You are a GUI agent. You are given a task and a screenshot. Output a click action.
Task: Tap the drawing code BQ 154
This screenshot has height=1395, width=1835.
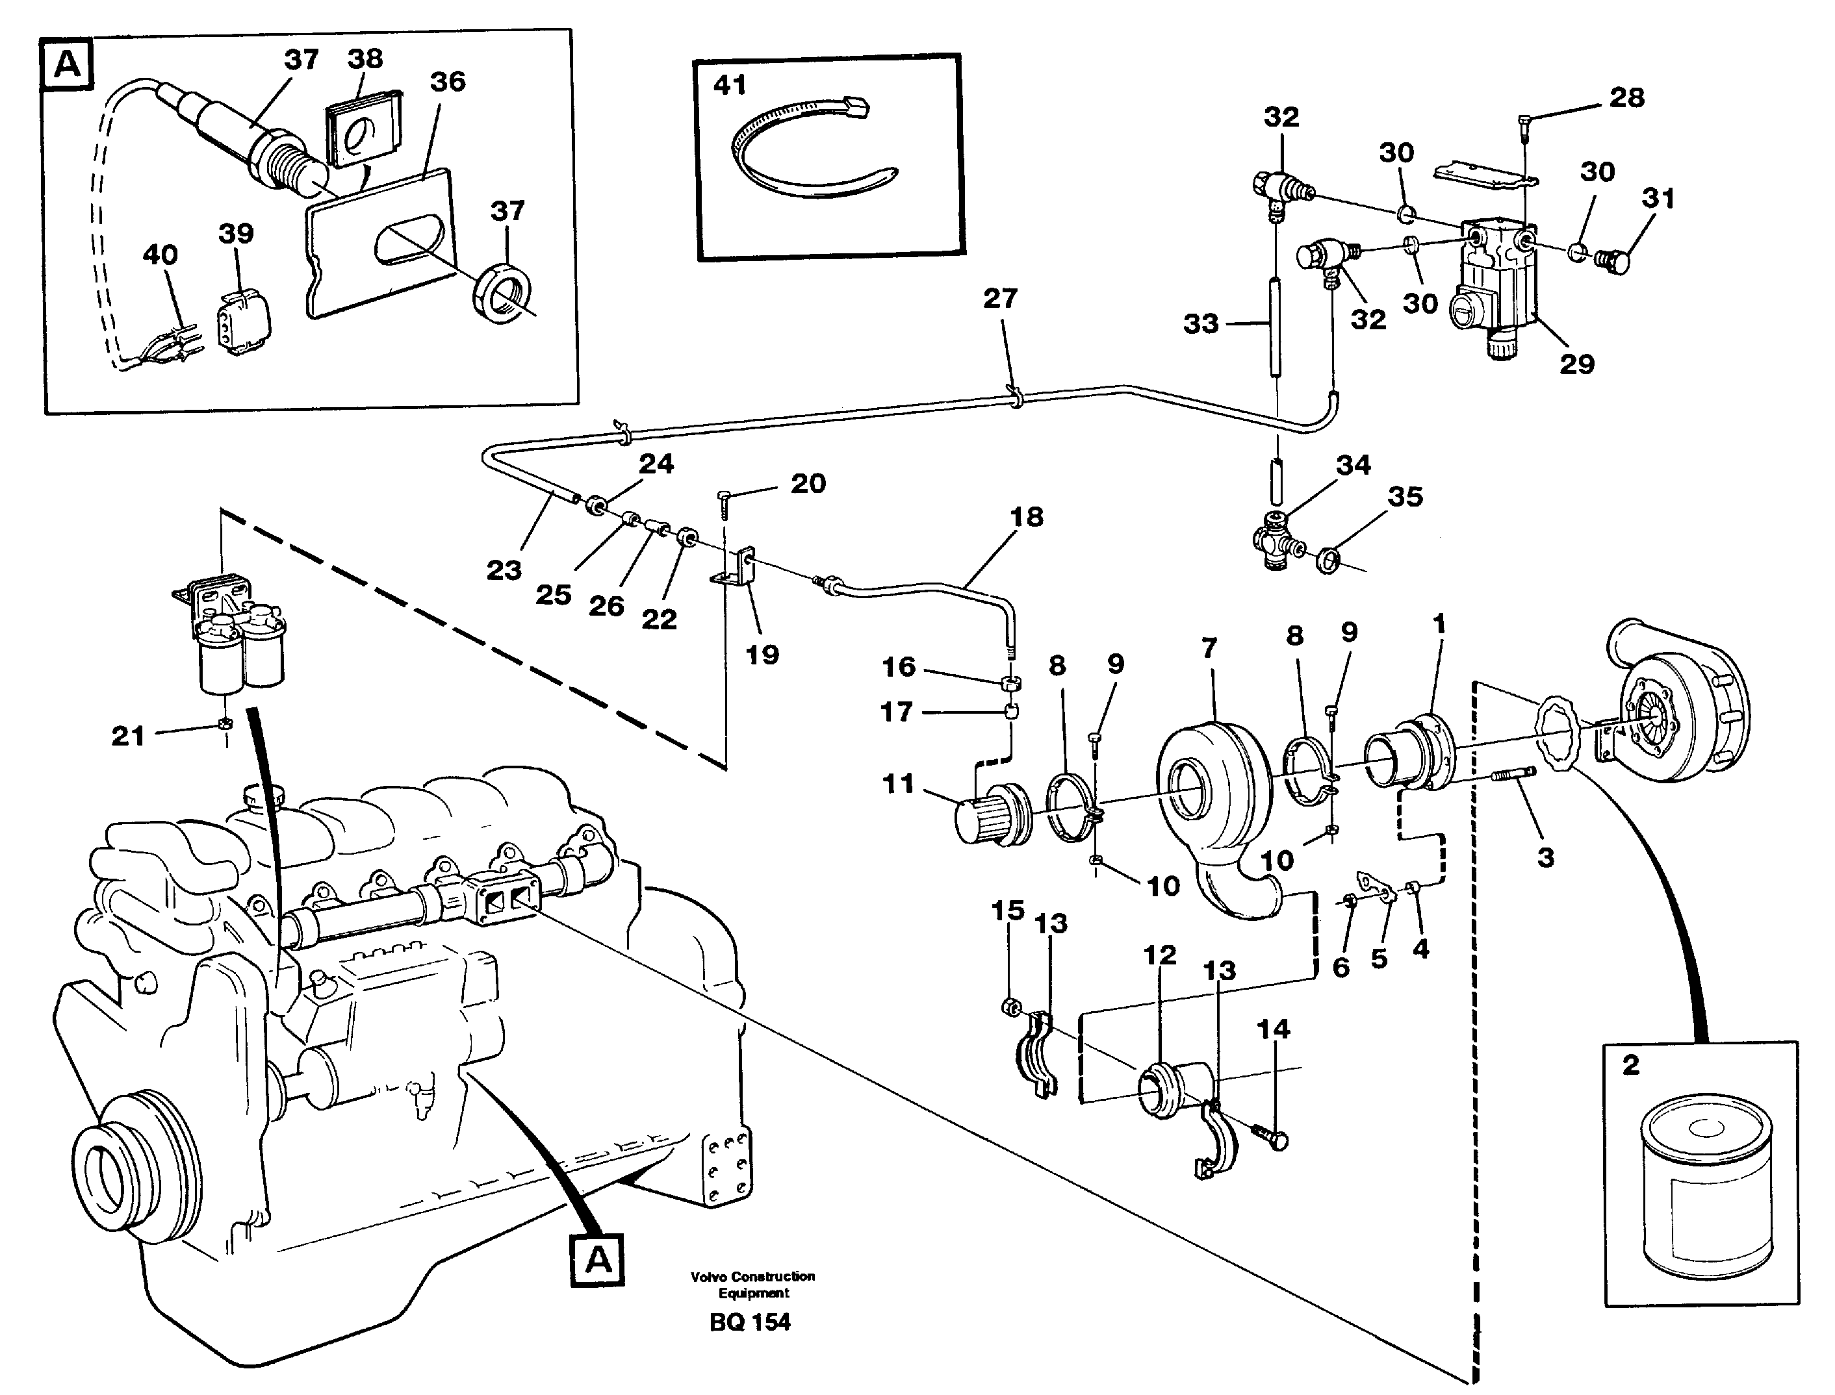(x=750, y=1322)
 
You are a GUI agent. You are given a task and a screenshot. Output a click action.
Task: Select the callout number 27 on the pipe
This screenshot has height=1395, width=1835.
(x=1000, y=299)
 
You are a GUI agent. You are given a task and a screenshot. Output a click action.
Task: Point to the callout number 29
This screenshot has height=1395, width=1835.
(x=1576, y=364)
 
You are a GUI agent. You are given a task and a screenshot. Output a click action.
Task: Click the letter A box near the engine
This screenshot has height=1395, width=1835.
(x=597, y=1261)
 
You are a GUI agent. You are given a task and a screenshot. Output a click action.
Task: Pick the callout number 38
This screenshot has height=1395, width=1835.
(x=365, y=58)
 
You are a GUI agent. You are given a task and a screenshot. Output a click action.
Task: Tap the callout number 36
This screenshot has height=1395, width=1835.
(x=448, y=81)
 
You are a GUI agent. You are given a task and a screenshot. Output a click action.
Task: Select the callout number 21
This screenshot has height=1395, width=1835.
(x=128, y=735)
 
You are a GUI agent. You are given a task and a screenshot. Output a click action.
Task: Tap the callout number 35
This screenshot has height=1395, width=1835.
(x=1405, y=497)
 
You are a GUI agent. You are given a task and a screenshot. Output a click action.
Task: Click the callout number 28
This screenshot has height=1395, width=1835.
(x=1626, y=97)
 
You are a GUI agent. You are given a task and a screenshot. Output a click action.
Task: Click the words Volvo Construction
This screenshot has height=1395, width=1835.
(x=752, y=1276)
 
